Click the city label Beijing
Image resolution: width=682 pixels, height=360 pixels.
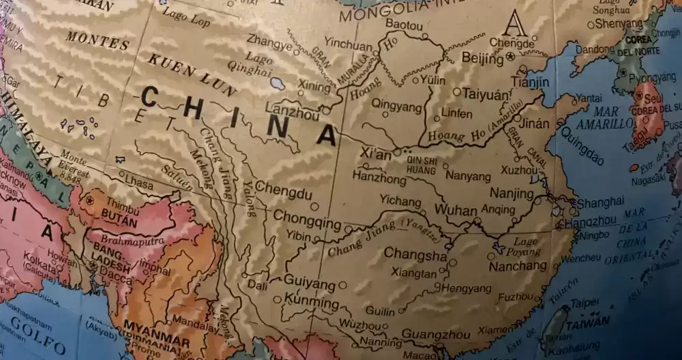point(481,58)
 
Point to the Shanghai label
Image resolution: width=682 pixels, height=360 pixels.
point(599,202)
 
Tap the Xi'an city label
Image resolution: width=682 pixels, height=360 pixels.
point(375,155)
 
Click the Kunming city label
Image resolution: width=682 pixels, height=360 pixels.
point(310,302)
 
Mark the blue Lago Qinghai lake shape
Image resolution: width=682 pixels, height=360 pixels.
point(276,84)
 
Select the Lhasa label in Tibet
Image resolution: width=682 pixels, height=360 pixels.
point(140,184)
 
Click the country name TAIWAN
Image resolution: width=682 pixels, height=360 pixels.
point(587,322)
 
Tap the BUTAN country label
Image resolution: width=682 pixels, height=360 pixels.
point(119,223)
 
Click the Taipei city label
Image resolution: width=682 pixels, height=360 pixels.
point(584,303)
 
